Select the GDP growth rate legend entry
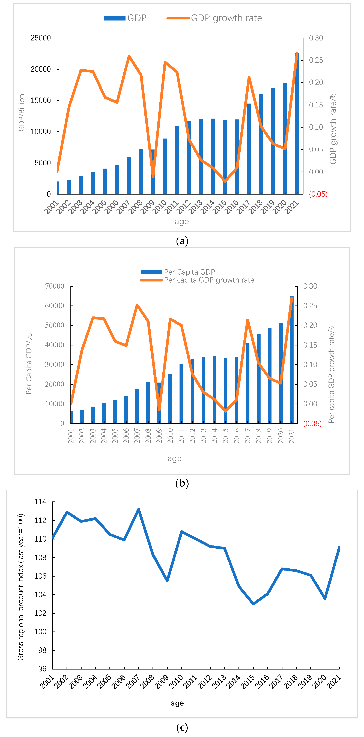pos(214,18)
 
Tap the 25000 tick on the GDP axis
pos(41,38)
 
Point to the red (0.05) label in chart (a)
pos(318,194)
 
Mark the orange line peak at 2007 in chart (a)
pos(129,56)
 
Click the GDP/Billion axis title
pos(21,112)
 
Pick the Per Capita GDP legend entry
pos(178,272)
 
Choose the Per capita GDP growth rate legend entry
pos(197,280)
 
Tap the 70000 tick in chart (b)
pos(55,286)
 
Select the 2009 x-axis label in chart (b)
pos(159,435)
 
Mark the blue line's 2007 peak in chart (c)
pos(138,509)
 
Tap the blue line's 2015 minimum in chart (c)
pos(253,604)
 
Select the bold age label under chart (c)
pos(177,703)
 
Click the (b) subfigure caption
pos(182,483)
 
